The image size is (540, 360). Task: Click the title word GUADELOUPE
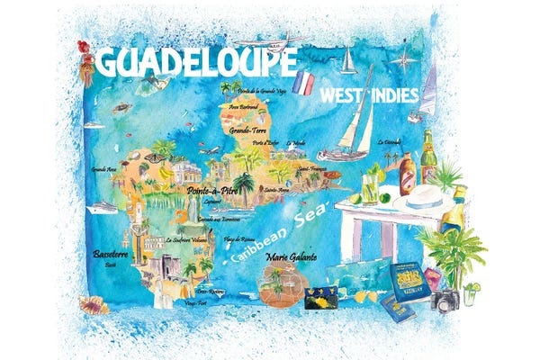click(196, 62)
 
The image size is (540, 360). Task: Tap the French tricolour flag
click(304, 84)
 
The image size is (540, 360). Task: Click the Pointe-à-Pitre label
click(211, 191)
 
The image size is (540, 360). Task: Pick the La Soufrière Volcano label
click(187, 241)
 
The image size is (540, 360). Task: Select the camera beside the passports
click(445, 301)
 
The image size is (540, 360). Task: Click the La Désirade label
click(389, 140)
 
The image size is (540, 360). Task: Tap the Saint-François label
click(311, 167)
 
